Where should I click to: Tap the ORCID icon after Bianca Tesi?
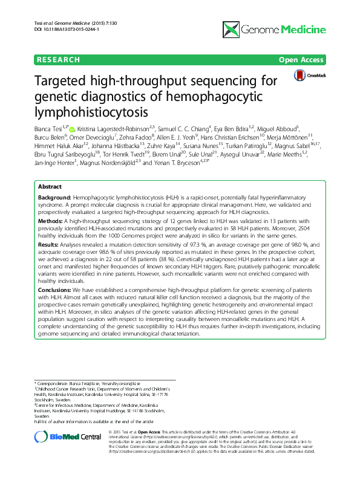[x=72, y=129]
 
